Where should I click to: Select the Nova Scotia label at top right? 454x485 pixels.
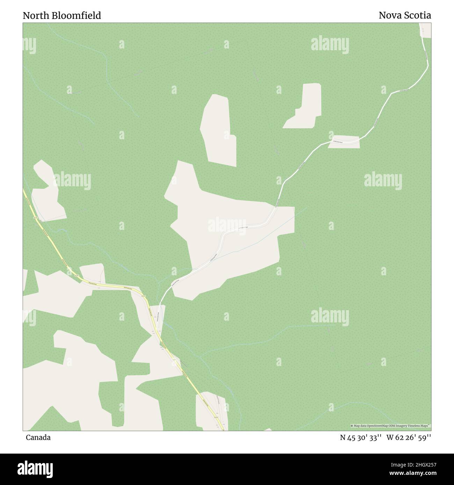(x=405, y=15)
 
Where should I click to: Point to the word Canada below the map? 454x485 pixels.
(x=38, y=438)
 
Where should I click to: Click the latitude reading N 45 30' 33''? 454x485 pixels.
(x=361, y=438)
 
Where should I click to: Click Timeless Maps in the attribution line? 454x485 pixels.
(x=419, y=426)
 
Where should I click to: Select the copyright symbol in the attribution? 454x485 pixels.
(x=352, y=426)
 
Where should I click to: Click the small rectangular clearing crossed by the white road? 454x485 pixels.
(x=344, y=142)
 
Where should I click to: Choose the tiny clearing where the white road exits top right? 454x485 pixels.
(x=425, y=30)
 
